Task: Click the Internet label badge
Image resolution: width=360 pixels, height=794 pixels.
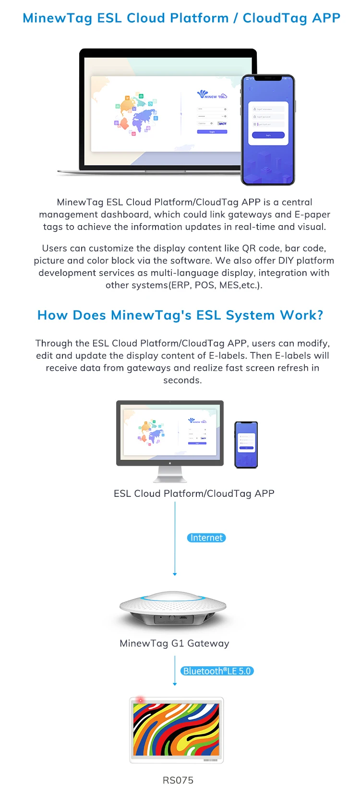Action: tap(206, 538)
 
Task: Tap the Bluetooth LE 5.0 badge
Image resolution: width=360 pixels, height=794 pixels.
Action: tap(217, 671)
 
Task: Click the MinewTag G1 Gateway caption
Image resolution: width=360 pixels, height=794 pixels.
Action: tap(174, 643)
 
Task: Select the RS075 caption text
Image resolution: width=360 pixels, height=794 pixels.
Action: tap(178, 780)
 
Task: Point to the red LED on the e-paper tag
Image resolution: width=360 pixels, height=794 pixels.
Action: tap(140, 700)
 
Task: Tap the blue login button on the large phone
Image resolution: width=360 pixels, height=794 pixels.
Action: tap(268, 135)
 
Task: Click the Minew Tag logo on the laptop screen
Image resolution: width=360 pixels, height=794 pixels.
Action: tap(212, 95)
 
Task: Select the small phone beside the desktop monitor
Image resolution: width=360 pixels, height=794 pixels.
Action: tap(246, 444)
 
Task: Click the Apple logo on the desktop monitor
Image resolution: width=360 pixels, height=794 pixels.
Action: tap(170, 463)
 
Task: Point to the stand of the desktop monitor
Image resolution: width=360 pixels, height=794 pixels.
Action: tap(170, 474)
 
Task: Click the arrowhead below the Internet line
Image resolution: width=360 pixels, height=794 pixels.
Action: tap(175, 574)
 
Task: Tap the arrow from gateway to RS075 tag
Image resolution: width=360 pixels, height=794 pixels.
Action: tap(175, 672)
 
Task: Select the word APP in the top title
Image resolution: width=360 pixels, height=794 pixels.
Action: tap(326, 18)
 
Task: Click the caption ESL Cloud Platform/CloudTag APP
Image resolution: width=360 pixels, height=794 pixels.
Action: tap(194, 493)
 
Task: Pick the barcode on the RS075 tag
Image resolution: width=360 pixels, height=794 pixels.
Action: tap(210, 760)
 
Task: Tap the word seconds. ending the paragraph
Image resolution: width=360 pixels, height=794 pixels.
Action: tap(182, 380)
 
